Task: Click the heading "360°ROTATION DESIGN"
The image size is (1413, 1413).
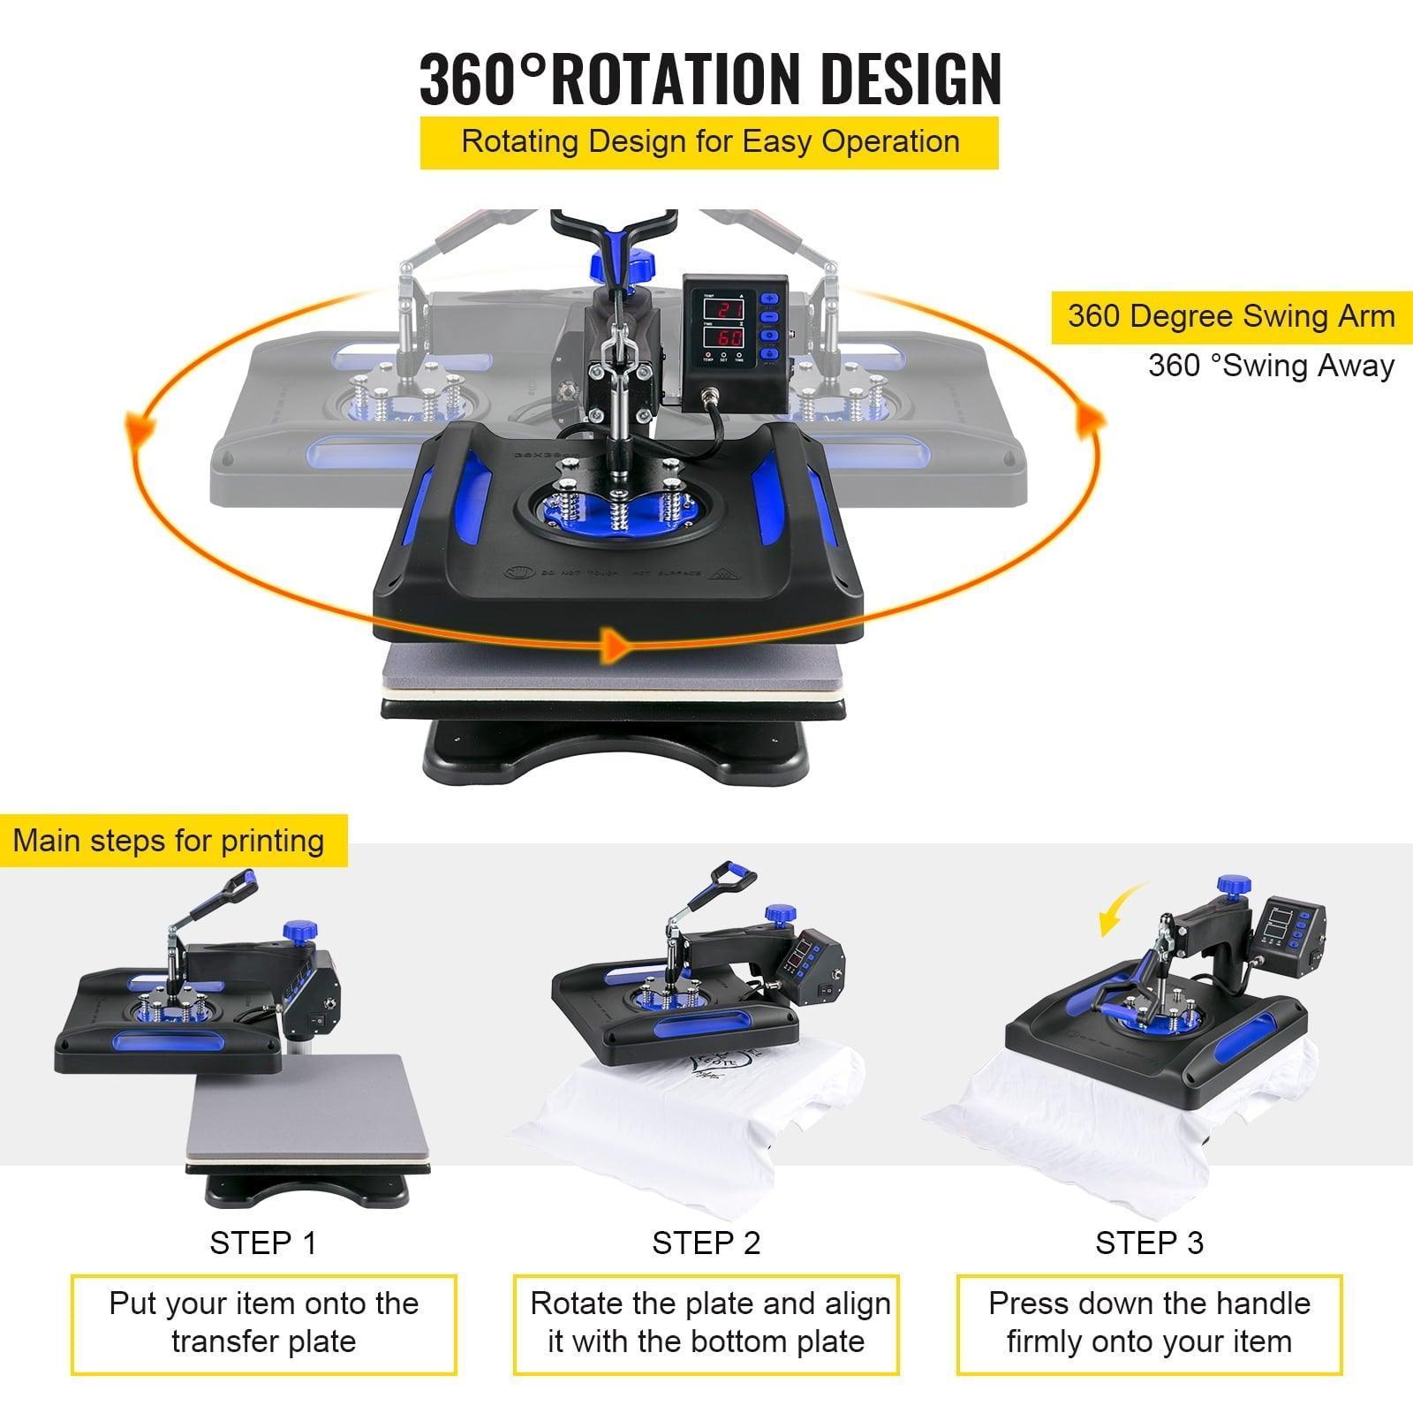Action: pyautogui.click(x=710, y=79)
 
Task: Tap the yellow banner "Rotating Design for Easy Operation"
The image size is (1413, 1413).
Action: pyautogui.click(x=710, y=142)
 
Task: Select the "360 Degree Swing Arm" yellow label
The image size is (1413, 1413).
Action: pyautogui.click(x=1231, y=317)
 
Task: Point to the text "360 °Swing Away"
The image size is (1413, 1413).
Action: pyautogui.click(x=1271, y=366)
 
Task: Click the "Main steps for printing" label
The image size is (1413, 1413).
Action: pyautogui.click(x=169, y=840)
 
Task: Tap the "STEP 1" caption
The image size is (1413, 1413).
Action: pyautogui.click(x=262, y=1243)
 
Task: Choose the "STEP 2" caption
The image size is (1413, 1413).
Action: pyautogui.click(x=706, y=1243)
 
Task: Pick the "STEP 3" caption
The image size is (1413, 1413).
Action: pyautogui.click(x=1149, y=1243)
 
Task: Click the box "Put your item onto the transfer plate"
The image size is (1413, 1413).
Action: pyautogui.click(x=263, y=1322)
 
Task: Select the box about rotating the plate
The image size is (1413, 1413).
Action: pyautogui.click(x=706, y=1322)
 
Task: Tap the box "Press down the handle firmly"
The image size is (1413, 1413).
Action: pyautogui.click(x=1149, y=1322)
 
